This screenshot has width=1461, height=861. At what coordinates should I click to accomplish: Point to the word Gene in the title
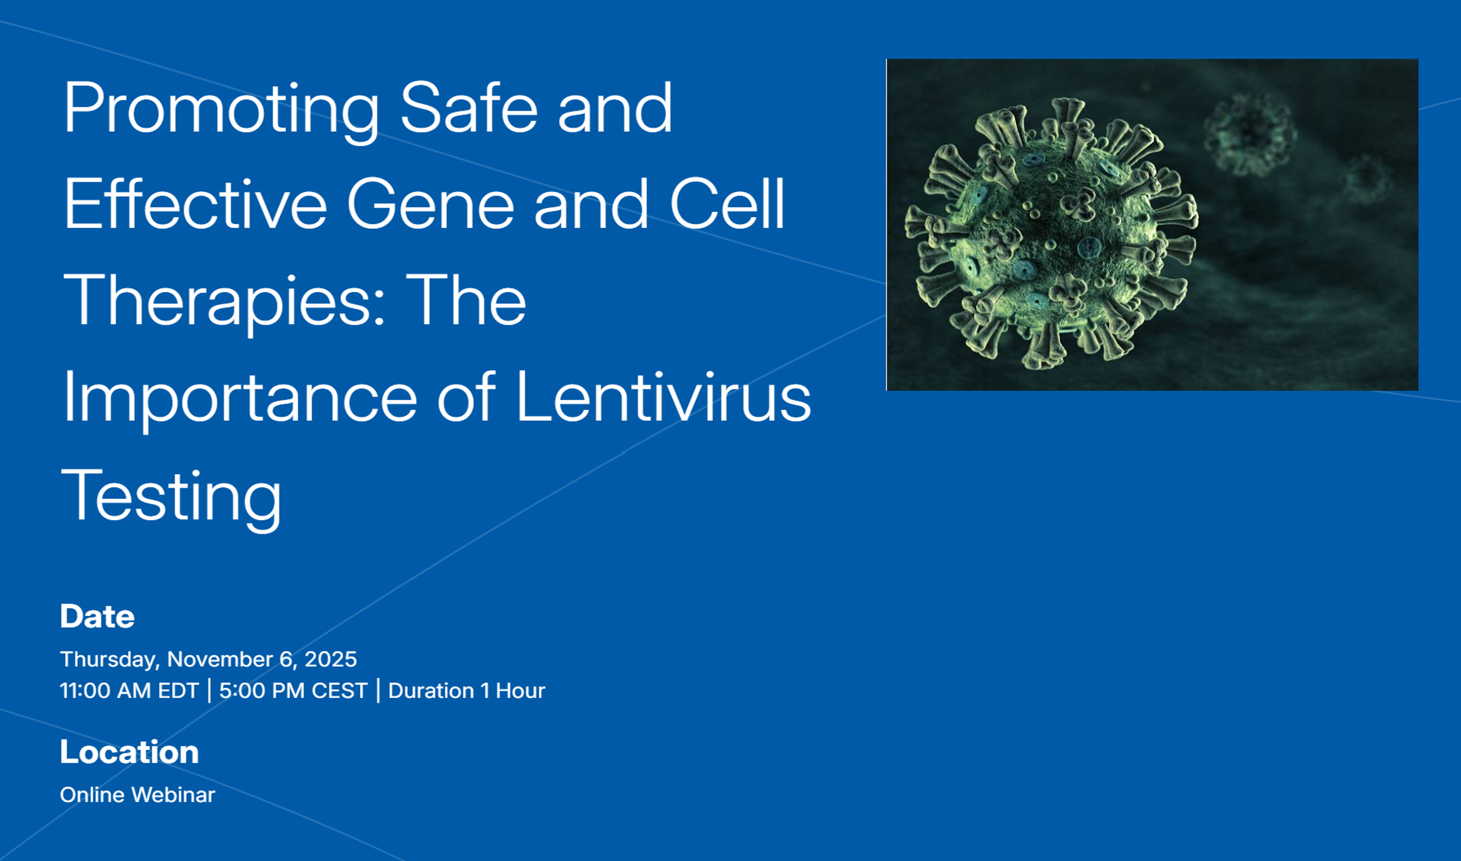[x=430, y=204]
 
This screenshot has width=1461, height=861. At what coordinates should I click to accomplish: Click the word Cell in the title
[x=727, y=204]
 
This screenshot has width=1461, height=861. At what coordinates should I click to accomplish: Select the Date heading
[x=97, y=616]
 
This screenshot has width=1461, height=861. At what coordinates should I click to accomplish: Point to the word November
[x=220, y=659]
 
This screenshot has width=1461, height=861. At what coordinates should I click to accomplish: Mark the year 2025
[x=331, y=659]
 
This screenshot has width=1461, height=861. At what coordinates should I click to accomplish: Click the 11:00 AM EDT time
[x=129, y=690]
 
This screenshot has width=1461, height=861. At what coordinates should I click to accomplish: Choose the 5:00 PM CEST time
[x=293, y=690]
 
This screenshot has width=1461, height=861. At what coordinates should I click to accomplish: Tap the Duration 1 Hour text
[x=467, y=690]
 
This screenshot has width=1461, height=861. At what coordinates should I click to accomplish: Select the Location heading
[x=129, y=752]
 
